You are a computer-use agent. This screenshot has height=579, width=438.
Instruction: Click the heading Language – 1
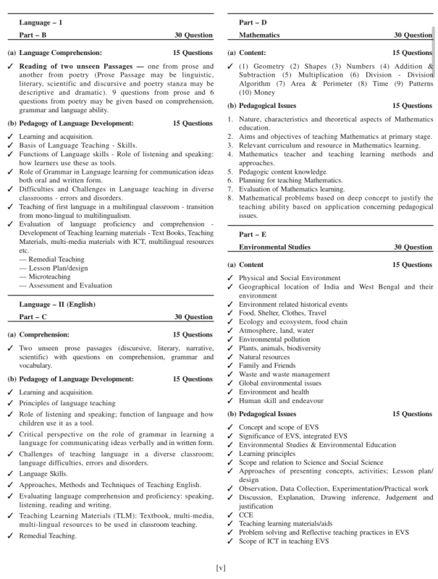[x=41, y=22]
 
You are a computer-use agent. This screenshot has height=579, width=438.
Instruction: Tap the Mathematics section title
[x=264, y=35]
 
